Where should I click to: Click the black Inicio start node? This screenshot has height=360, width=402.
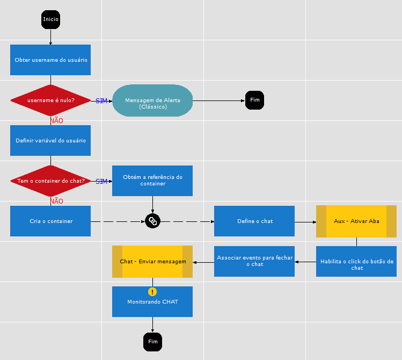click(x=50, y=19)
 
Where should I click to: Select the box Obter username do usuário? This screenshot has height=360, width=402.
click(x=50, y=60)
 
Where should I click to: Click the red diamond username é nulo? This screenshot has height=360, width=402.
click(x=50, y=100)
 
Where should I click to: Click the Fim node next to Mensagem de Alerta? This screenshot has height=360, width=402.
click(x=254, y=100)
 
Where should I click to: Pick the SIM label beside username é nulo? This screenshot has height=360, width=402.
click(x=101, y=101)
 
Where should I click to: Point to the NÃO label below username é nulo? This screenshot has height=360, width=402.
click(x=56, y=121)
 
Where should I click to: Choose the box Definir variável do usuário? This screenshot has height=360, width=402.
click(x=50, y=140)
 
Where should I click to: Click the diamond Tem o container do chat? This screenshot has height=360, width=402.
click(x=50, y=181)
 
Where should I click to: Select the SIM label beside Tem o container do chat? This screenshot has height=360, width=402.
click(x=101, y=182)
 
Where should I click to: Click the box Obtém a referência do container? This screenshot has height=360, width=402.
click(x=152, y=181)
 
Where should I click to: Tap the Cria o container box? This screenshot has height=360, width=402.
click(x=50, y=221)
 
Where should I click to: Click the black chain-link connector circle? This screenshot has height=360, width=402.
click(x=152, y=221)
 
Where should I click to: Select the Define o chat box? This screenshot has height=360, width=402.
click(x=254, y=221)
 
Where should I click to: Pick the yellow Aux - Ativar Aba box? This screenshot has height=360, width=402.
click(x=356, y=221)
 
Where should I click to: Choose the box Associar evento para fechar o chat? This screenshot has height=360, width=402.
click(x=254, y=261)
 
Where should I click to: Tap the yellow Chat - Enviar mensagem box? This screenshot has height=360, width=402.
click(x=152, y=262)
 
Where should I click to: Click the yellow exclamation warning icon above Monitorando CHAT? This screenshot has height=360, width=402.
click(x=152, y=292)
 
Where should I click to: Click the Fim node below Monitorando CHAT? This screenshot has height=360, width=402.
click(x=152, y=342)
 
